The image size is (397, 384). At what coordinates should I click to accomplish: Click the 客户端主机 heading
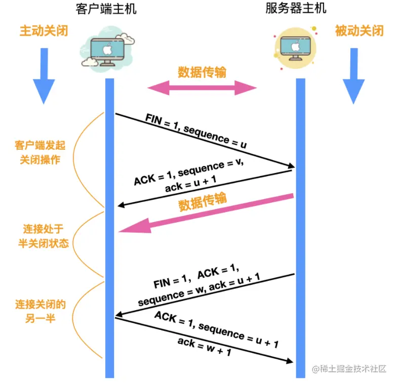[105, 9]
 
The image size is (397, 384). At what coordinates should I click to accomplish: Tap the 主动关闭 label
[44, 31]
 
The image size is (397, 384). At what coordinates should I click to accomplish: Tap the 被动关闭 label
[359, 31]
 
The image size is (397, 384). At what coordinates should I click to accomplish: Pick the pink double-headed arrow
[202, 89]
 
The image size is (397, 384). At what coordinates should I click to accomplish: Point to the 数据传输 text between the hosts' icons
[202, 72]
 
